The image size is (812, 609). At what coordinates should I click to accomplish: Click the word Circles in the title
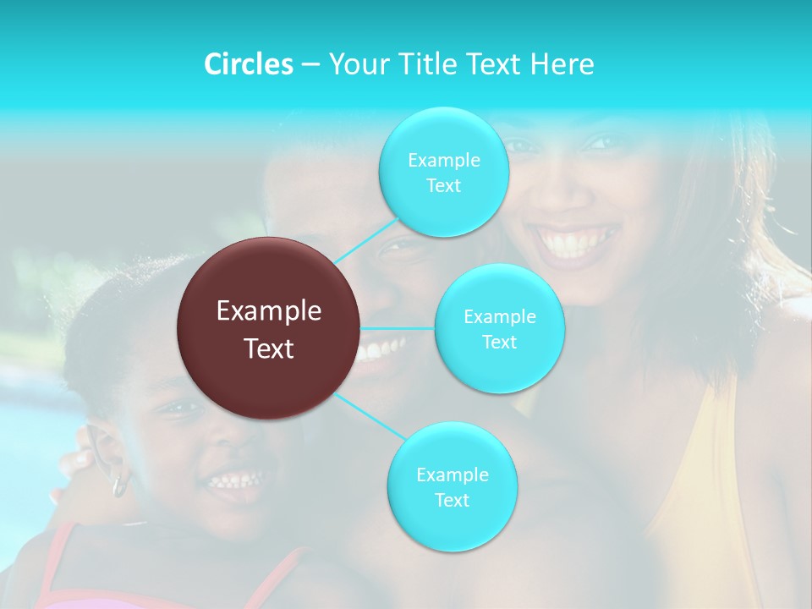248,64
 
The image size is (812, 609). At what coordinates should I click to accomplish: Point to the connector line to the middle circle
398,328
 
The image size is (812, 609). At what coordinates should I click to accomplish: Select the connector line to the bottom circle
370,415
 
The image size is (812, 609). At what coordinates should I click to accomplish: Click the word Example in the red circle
269,311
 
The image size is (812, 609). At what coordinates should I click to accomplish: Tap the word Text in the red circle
269,348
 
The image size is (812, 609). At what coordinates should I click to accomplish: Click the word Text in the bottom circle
452,501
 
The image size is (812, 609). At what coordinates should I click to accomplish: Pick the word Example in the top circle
443,161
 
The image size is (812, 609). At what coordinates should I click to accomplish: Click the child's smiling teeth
236,481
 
